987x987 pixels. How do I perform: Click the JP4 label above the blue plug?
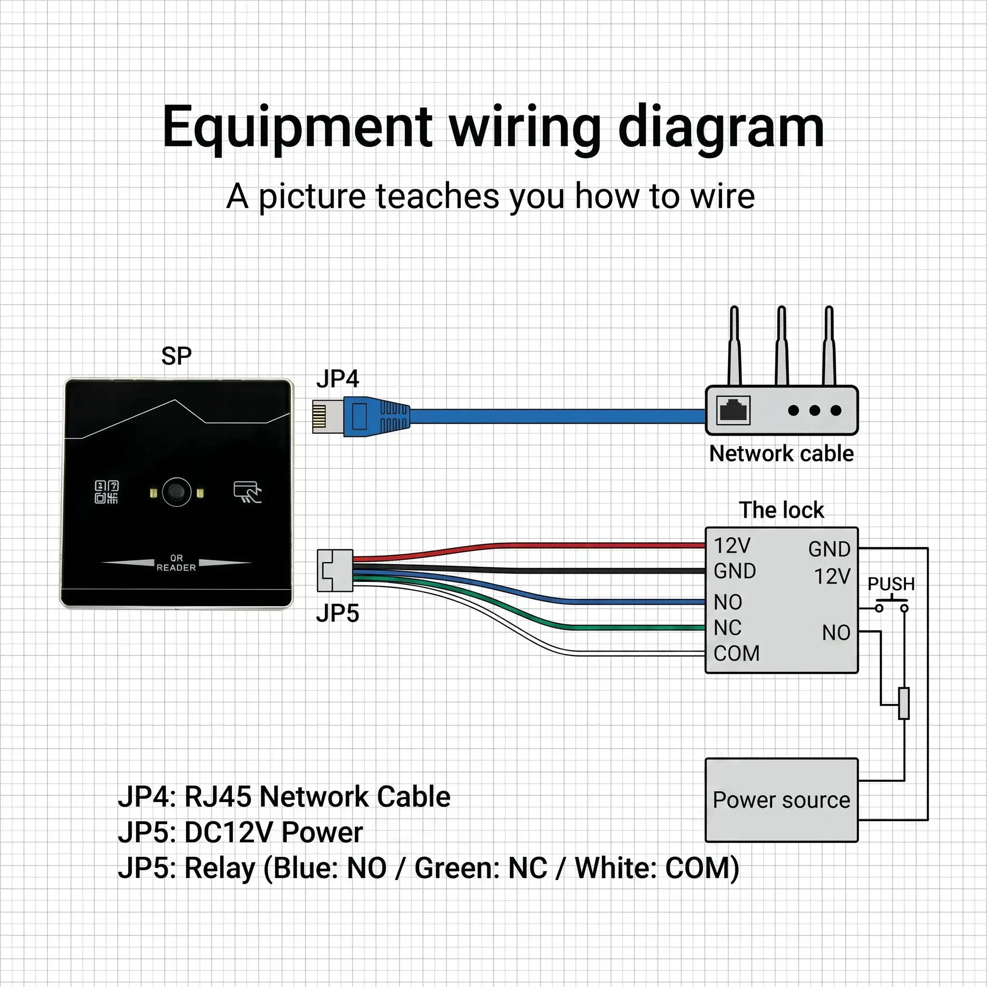pyautogui.click(x=337, y=379)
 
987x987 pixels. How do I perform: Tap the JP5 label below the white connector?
pyautogui.click(x=337, y=613)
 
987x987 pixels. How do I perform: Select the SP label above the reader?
pyautogui.click(x=176, y=356)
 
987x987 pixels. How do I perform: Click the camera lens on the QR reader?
pyautogui.click(x=177, y=492)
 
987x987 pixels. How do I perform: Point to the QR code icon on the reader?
pyautogui.click(x=107, y=492)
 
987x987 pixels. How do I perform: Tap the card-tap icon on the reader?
pyautogui.click(x=247, y=492)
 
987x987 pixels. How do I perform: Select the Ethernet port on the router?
pyautogui.click(x=734, y=410)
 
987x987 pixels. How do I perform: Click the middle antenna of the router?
pyautogui.click(x=781, y=346)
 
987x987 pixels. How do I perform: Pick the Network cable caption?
pyautogui.click(x=781, y=453)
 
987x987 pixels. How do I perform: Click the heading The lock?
pyautogui.click(x=781, y=510)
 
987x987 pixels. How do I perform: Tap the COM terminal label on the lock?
pyautogui.click(x=736, y=654)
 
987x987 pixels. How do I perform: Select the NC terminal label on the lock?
pyautogui.click(x=727, y=628)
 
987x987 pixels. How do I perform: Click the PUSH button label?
pyautogui.click(x=892, y=584)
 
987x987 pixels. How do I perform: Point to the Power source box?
pyautogui.click(x=782, y=800)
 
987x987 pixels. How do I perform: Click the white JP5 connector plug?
pyautogui.click(x=335, y=571)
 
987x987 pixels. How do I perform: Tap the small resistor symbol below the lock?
pyautogui.click(x=904, y=704)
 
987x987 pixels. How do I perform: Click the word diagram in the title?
pyautogui.click(x=721, y=127)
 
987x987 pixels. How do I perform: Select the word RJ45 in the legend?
pyautogui.click(x=218, y=797)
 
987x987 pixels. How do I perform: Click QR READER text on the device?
pyautogui.click(x=176, y=563)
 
